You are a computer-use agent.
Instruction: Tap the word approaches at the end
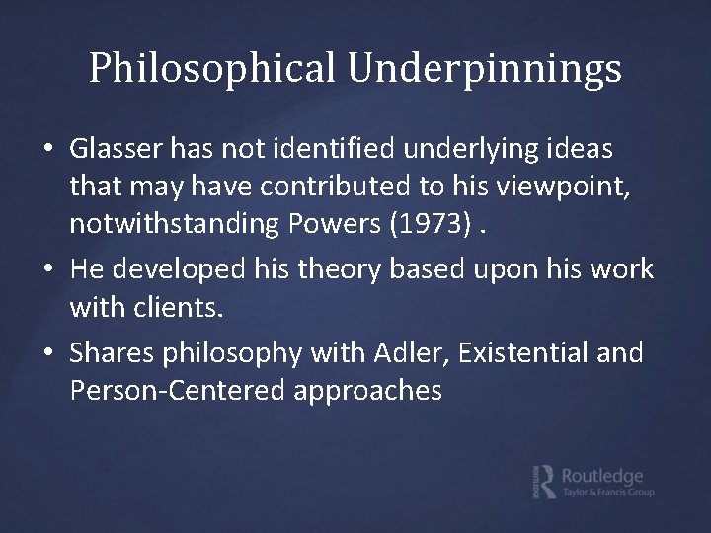[x=367, y=391]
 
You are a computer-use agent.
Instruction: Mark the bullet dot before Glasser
[x=48, y=151]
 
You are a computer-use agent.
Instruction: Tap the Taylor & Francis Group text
[x=607, y=491]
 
